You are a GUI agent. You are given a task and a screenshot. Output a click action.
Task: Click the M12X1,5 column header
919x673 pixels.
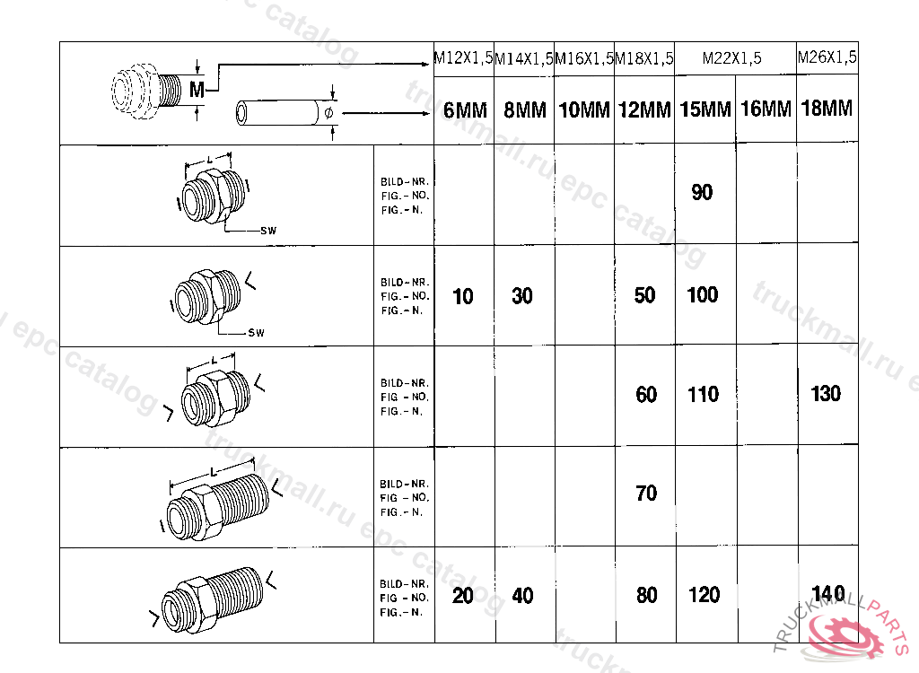click(x=463, y=58)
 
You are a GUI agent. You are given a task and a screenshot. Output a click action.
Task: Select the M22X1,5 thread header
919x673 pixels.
click(x=732, y=58)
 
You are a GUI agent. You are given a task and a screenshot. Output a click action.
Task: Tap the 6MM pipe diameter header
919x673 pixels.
click(x=465, y=109)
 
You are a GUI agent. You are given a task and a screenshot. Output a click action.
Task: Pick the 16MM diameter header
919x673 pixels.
click(x=766, y=109)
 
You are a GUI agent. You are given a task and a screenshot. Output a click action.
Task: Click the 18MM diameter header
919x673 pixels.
click(x=827, y=108)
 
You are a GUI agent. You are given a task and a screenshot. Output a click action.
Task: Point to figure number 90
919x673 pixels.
click(x=702, y=192)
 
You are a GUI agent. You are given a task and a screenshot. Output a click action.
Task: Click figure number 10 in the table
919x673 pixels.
click(x=463, y=296)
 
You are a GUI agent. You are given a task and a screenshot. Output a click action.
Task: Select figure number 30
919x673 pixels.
click(x=522, y=295)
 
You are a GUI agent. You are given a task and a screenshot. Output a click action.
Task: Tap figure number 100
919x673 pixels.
click(x=702, y=294)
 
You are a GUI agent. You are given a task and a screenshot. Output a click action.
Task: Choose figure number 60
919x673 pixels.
click(x=646, y=395)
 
